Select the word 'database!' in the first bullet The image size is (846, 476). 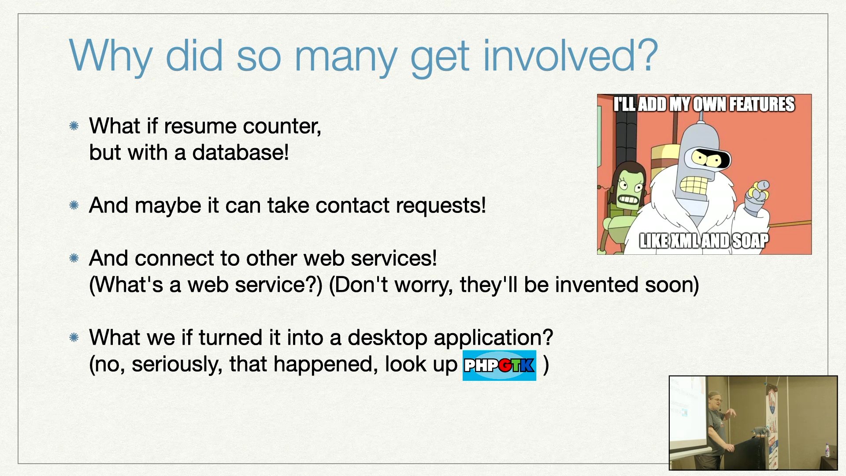point(241,152)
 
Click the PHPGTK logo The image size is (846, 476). point(499,365)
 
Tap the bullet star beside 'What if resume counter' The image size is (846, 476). point(74,126)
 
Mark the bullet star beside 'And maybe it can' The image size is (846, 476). point(74,205)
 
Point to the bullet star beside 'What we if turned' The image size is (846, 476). point(74,338)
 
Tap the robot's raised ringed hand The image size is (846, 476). point(757,196)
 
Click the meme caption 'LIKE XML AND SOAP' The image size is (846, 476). point(704,241)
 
